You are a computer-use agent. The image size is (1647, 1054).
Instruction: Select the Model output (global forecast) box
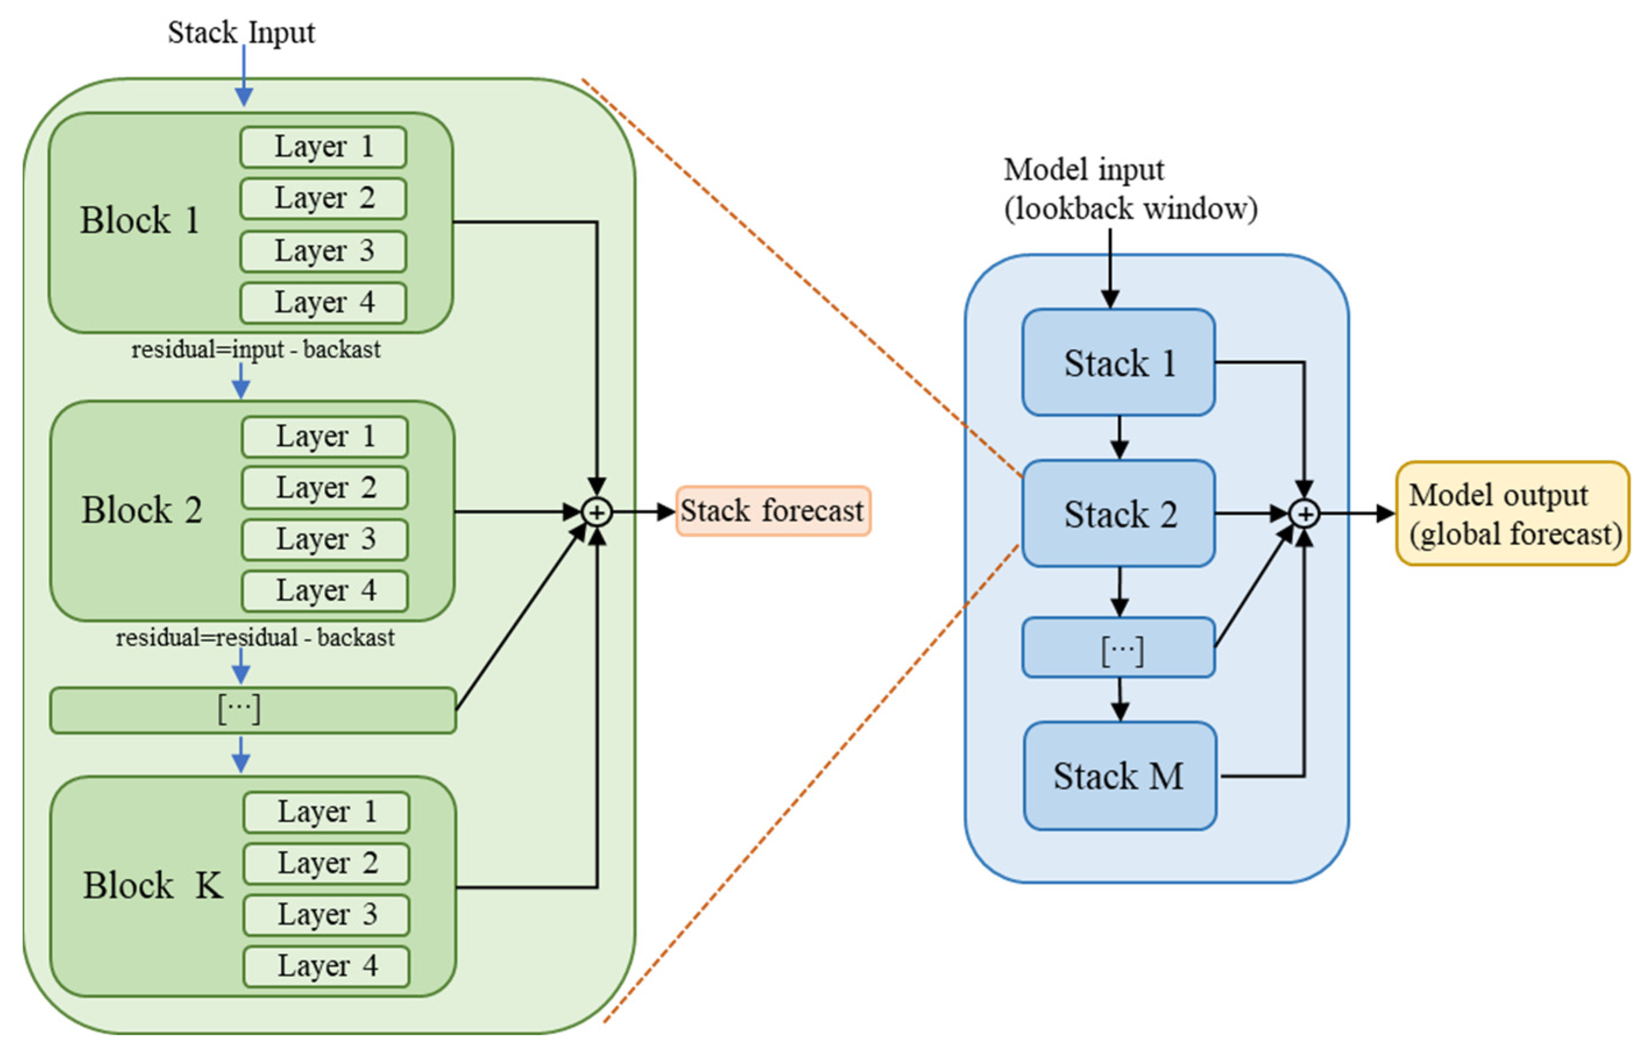(1512, 513)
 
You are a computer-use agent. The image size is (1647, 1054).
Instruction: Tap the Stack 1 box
(1118, 363)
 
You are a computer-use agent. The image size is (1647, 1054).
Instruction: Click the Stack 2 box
(1118, 514)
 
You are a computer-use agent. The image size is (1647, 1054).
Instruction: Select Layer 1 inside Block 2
(324, 436)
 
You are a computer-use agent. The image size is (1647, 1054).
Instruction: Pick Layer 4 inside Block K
(326, 966)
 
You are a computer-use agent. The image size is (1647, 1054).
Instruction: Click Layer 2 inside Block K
(326, 864)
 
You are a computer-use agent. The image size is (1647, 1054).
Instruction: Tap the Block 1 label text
(140, 221)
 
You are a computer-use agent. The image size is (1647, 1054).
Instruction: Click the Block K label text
(153, 886)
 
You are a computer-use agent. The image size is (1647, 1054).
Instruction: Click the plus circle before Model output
(1304, 514)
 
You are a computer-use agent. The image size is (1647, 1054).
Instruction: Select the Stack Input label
(241, 32)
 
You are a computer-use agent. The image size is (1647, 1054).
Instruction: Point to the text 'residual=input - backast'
(255, 350)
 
